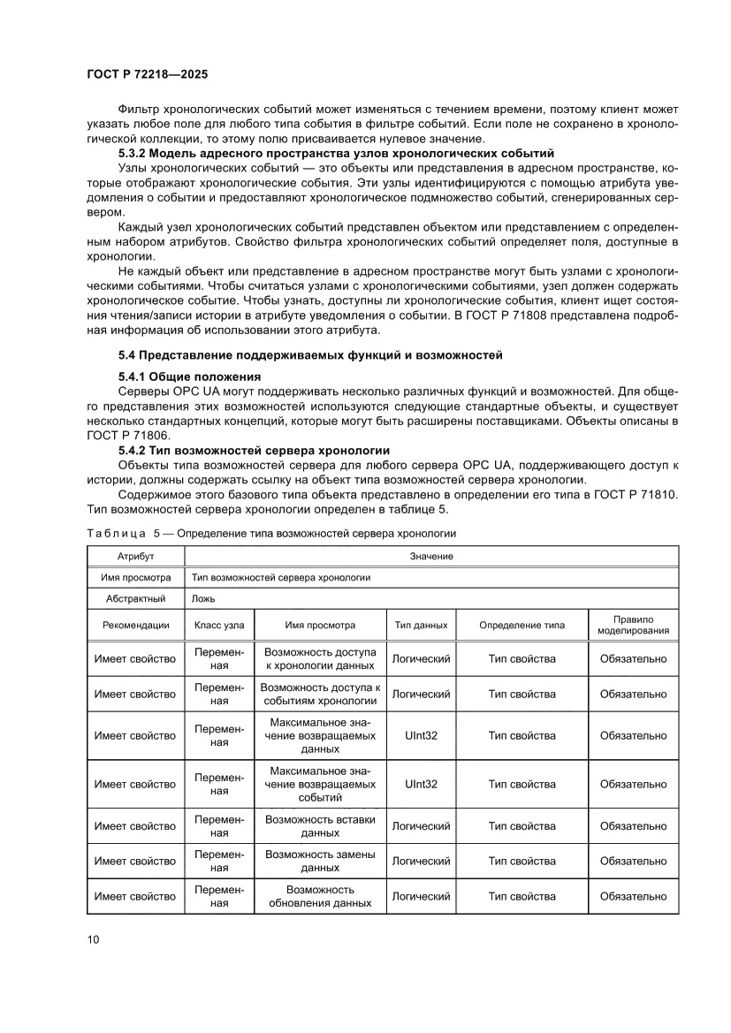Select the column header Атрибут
135,556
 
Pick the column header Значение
431,556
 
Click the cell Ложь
203,598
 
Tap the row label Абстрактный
135,598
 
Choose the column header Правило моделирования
633,625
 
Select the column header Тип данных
421,625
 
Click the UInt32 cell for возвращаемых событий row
421,784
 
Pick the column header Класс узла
219,625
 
